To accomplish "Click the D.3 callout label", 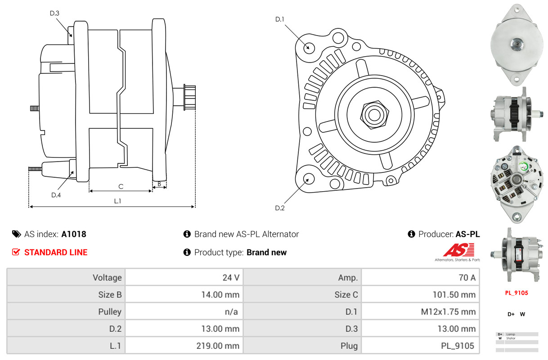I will click(54, 13).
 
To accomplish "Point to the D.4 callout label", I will click(56, 195).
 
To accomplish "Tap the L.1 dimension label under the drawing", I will click(117, 201).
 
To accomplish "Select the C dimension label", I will click(121, 186).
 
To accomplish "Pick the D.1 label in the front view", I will click(280, 19).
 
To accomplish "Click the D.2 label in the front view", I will click(280, 208).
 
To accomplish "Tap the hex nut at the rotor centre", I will click(373, 113).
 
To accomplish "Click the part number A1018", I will click(74, 234).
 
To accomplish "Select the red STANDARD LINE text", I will click(56, 252).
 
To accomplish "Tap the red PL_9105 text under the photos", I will click(516, 293).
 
